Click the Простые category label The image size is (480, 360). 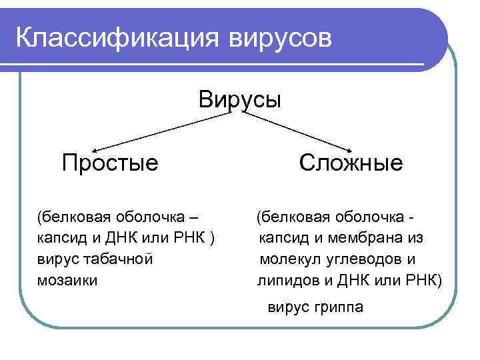click(x=110, y=162)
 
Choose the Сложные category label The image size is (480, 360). click(x=351, y=162)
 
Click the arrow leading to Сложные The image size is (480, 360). click(x=300, y=130)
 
